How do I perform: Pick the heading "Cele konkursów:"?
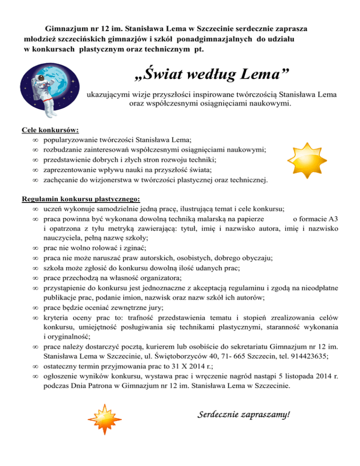51,130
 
